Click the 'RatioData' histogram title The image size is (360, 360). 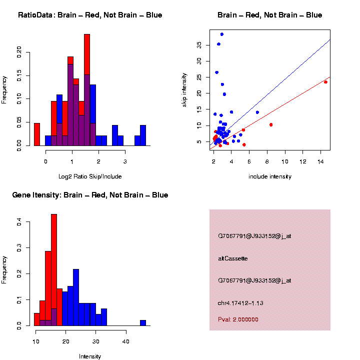pos(89,15)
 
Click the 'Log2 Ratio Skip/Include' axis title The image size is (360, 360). pos(90,176)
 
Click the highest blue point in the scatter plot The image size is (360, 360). pos(222,34)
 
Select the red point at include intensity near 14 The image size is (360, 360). pos(325,82)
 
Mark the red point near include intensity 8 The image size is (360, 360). pos(271,124)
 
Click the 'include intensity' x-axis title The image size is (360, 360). pos(270,176)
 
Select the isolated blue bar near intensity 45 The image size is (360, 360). pos(143,323)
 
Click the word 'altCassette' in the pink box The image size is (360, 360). pos(233,258)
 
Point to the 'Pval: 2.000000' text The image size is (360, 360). pos(238,319)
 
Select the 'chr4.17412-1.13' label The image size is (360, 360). pos(240,303)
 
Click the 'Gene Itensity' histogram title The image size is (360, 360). pos(90,195)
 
